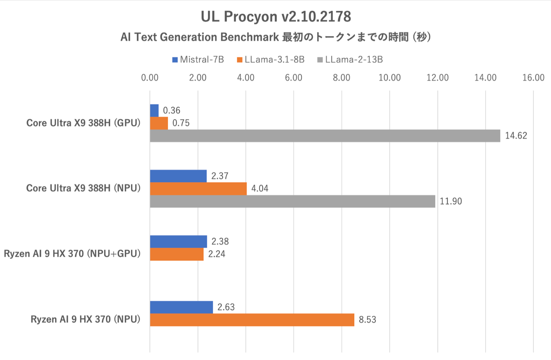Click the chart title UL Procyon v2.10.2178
[x=276, y=17]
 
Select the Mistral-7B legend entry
[x=198, y=60]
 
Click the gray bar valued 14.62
[x=325, y=136]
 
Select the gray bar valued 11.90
[x=292, y=201]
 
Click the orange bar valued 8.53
[x=252, y=320]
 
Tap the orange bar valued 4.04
[x=198, y=189]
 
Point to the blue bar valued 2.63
[x=181, y=307]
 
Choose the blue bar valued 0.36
[x=154, y=110]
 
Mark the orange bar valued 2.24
[x=177, y=254]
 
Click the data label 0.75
[x=181, y=123]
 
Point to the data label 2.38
[x=220, y=242]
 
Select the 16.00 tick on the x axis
[x=533, y=78]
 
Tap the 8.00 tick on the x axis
[x=342, y=78]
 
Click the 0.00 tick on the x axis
[x=150, y=78]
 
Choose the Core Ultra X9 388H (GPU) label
[x=83, y=123]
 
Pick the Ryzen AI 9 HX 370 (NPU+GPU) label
[x=72, y=254]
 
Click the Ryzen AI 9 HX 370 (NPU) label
[x=85, y=319]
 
